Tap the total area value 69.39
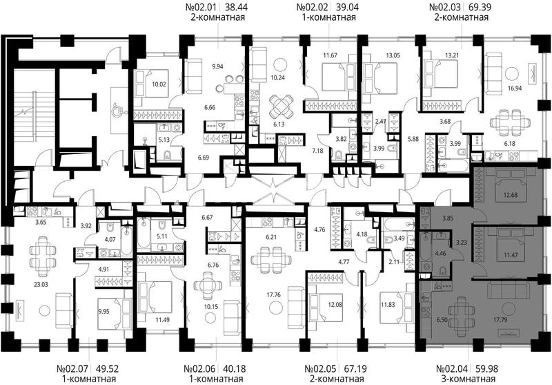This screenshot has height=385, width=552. (480, 7)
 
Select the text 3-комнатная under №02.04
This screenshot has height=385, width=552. (469, 379)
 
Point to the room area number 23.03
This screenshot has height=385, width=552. (41, 284)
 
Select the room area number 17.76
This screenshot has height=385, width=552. (273, 294)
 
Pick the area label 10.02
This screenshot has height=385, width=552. (159, 84)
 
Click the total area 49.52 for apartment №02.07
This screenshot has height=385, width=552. (108, 369)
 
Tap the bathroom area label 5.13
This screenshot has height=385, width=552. (164, 140)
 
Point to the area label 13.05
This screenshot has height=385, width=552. (393, 55)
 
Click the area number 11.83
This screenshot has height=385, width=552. (388, 305)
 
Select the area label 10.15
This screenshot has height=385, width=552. (211, 307)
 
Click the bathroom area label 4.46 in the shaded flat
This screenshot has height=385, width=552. (441, 253)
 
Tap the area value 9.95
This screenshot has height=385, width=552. (104, 311)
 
